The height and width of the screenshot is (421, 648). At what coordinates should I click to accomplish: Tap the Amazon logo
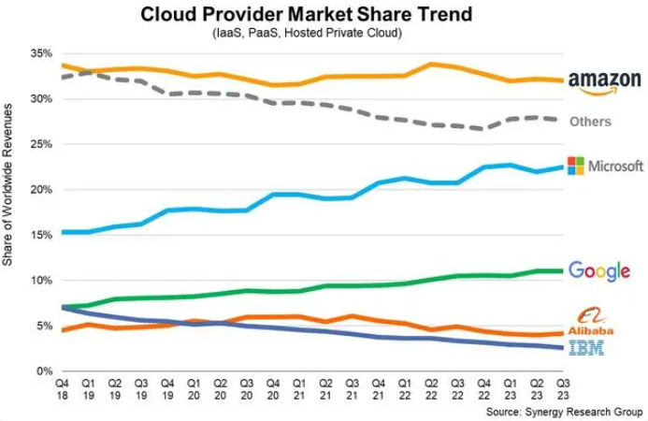604,83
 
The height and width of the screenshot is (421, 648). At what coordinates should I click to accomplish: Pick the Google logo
598,271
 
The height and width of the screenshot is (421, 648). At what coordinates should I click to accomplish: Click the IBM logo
586,348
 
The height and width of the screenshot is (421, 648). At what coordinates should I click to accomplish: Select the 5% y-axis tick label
42,327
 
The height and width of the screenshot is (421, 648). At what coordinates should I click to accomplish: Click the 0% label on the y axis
42,371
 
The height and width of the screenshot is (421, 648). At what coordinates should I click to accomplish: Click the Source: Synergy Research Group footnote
564,411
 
